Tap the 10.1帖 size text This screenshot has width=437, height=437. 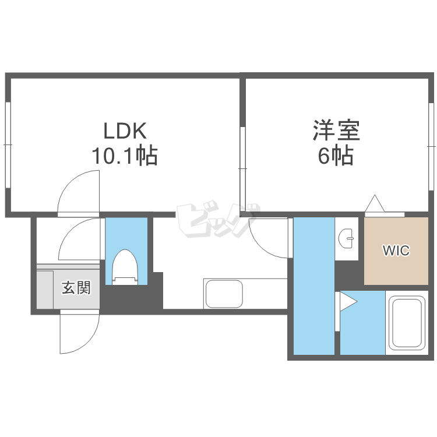[x=124, y=156]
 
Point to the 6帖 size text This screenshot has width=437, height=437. [x=336, y=156]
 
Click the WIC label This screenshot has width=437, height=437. [x=396, y=251]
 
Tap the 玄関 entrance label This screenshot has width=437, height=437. [x=76, y=287]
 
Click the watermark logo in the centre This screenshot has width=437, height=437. [x=217, y=221]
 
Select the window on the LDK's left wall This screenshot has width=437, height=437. [x=8, y=145]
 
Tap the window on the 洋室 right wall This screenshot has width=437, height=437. [x=432, y=145]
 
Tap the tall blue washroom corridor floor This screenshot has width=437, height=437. [x=313, y=286]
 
